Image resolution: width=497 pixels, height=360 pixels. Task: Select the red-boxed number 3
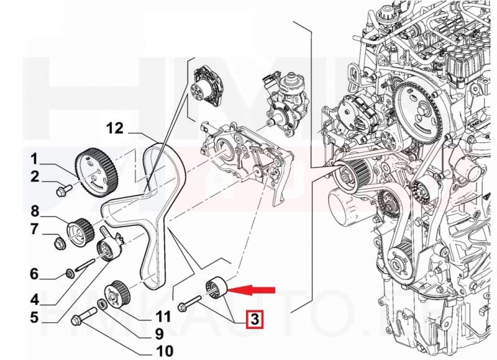(254, 321)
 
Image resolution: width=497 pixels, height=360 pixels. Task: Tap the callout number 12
(114, 128)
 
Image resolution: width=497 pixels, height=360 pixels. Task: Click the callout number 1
(35, 157)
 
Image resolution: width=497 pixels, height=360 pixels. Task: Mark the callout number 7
(35, 230)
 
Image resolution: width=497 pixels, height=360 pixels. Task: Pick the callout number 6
(35, 274)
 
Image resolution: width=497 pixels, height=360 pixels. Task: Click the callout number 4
(35, 299)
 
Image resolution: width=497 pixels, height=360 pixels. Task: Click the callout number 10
(165, 351)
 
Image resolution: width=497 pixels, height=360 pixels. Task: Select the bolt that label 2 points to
(63, 190)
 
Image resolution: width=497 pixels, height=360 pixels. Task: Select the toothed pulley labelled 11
(116, 293)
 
